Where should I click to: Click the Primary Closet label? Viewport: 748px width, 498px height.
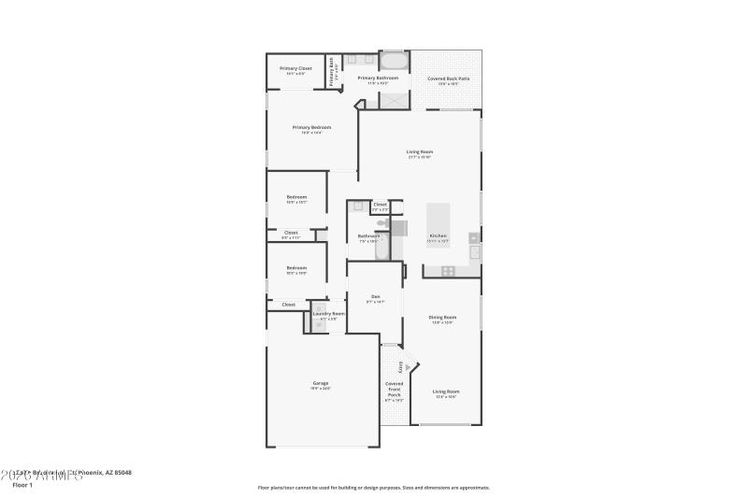pos(295,68)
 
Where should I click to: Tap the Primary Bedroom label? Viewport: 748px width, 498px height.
pos(311,128)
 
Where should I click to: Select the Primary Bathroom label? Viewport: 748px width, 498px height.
pos(379,78)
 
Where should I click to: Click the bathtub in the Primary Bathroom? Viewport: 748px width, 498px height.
pos(394,61)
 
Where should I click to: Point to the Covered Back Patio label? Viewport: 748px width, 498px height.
pos(449,78)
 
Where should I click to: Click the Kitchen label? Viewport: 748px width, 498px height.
pos(438,235)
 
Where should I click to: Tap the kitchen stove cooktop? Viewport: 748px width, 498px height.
pos(448,271)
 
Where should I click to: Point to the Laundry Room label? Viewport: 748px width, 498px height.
pos(329,314)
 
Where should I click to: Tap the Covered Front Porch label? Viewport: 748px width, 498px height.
pos(395,390)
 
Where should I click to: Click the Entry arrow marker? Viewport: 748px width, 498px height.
pos(401,367)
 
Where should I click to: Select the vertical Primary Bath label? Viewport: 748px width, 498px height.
pos(331,73)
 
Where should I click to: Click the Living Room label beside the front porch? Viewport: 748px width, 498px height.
pos(446,391)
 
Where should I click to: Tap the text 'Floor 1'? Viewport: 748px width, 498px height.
pos(22,485)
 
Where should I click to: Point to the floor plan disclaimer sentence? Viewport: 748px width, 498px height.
pos(374,487)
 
